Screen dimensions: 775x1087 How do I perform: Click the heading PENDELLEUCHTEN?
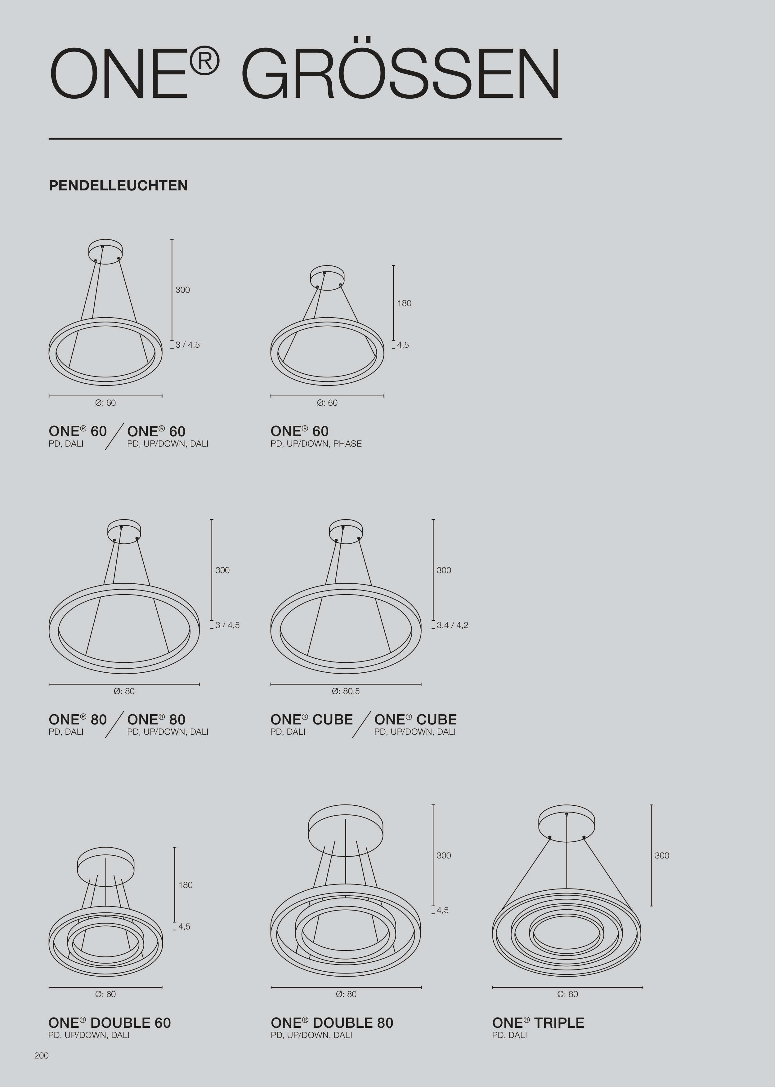point(118,185)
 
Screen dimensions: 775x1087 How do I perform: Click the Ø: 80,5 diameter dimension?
point(346,691)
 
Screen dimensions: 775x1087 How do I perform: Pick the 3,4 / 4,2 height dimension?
point(452,625)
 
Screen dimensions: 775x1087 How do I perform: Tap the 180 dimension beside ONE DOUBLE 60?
point(186,885)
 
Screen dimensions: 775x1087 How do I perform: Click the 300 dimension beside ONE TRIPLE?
point(662,855)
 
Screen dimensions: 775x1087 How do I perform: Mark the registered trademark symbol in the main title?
point(205,61)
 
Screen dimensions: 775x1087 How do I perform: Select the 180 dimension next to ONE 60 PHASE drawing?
point(404,303)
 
